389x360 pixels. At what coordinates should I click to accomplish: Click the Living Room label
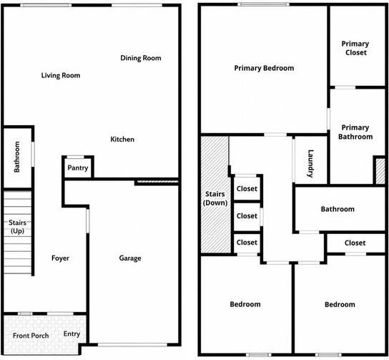coord(61,75)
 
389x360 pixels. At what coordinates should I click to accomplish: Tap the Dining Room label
coord(141,58)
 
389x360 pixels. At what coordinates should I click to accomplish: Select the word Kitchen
coord(122,140)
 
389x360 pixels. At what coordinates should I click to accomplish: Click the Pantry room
coord(78,168)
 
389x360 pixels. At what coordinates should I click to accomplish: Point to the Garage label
coord(130,258)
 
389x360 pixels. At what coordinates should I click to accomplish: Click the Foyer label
coord(60,258)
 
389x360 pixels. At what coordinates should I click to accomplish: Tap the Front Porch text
coord(31,336)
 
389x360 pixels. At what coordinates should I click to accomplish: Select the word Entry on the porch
coord(72,334)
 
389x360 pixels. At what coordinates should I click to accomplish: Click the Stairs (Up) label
coord(17,227)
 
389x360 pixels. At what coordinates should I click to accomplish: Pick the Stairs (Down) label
coord(215,198)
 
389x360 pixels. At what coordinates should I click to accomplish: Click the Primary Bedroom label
coord(264,68)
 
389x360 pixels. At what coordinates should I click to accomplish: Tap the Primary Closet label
coord(355,48)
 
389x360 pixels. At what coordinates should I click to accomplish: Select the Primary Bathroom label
coord(355,132)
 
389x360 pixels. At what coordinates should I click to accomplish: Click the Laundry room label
coord(310,164)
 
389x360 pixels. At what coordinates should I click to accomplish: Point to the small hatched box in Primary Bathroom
coord(380,171)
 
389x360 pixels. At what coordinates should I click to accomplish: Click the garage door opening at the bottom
coord(132,345)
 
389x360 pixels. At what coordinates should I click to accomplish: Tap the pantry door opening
coord(75,157)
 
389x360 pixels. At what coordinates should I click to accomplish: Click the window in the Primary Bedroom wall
coord(263,4)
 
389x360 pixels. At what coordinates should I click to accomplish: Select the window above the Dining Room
coord(137,5)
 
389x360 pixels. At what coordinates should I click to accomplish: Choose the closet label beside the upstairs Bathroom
coord(355,243)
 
